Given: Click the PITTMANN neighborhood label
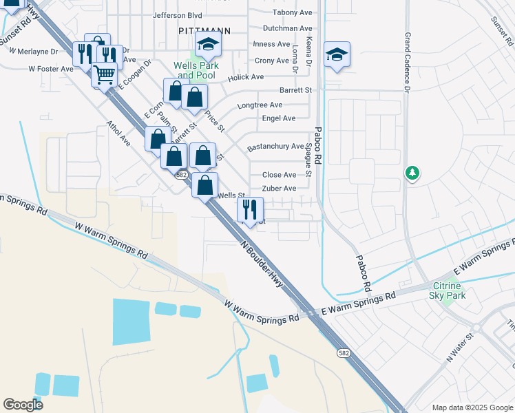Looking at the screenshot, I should (x=203, y=31).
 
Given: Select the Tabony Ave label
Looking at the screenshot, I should (x=292, y=12).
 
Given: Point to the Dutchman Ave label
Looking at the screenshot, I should (x=288, y=28).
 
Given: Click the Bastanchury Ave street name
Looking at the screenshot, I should (x=275, y=147).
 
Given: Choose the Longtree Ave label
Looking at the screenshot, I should (x=260, y=105).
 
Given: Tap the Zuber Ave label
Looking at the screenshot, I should (x=279, y=189).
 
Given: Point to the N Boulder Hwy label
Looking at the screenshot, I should (x=262, y=264).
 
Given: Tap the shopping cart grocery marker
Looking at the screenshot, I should (x=105, y=74).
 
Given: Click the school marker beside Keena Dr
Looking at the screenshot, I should (x=337, y=54).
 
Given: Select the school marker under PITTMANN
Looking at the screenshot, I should (x=207, y=45).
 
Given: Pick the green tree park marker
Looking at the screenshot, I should (x=412, y=172).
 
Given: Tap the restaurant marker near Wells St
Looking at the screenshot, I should (x=251, y=209).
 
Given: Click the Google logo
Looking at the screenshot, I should (x=23, y=405).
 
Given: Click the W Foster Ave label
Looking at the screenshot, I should (x=50, y=69).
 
